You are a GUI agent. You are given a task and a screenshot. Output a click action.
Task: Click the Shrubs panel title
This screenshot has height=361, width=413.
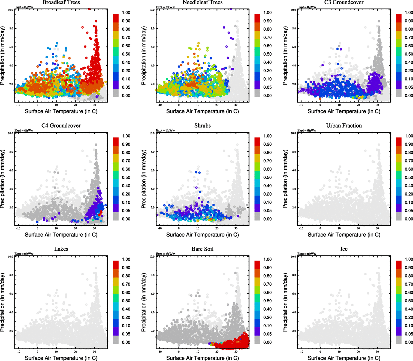click(x=202, y=126)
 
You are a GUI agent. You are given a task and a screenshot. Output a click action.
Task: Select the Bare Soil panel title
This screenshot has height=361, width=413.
click(x=202, y=249)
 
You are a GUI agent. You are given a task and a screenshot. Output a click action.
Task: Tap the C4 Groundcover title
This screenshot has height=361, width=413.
click(x=61, y=126)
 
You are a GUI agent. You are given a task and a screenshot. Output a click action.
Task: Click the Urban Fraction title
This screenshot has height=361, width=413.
click(x=344, y=126)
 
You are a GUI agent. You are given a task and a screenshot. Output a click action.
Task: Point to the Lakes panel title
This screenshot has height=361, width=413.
click(x=61, y=249)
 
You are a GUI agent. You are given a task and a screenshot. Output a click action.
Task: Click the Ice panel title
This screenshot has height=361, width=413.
click(x=344, y=249)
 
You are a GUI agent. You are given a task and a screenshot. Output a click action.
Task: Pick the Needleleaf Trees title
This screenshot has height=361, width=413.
click(x=202, y=2)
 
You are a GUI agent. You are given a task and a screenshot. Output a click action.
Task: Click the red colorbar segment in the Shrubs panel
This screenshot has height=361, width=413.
click(x=257, y=141)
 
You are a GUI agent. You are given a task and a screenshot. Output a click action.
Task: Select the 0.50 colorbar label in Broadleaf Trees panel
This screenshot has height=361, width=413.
click(x=126, y=54)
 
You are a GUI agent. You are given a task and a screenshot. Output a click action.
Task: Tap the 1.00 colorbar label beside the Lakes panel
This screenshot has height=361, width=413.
click(x=126, y=259)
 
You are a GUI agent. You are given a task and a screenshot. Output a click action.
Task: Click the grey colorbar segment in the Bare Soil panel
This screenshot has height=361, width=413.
click(x=257, y=340)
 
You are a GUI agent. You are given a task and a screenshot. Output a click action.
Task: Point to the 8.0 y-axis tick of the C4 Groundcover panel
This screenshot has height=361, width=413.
click(x=11, y=152)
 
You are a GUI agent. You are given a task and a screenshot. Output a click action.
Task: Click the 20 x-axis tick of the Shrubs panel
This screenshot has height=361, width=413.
click(x=217, y=228)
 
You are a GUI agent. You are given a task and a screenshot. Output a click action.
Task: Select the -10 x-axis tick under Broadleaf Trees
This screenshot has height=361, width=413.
click(x=18, y=105)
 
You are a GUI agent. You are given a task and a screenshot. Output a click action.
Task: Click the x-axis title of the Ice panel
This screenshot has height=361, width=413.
click(x=344, y=358)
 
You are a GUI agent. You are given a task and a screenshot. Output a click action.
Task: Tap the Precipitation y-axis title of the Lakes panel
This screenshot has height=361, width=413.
click(x=3, y=302)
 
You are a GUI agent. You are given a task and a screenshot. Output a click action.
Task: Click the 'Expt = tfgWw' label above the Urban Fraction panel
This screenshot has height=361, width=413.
click(x=307, y=131)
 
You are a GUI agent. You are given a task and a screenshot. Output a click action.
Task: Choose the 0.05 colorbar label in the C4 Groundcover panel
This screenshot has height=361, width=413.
click(x=126, y=211)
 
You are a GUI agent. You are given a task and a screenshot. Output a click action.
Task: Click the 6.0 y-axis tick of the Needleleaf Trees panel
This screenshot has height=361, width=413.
click(x=152, y=47)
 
